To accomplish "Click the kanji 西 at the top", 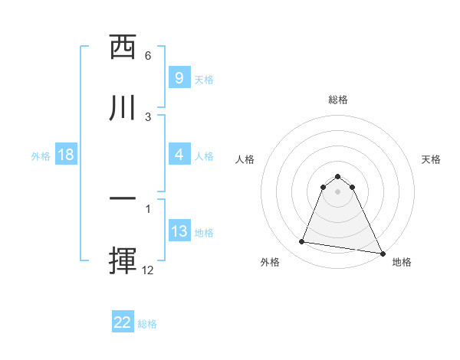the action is [x=123, y=47].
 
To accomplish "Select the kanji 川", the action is [x=123, y=106].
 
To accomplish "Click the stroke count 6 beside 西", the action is [x=148, y=56].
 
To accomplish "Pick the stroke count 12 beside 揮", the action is [x=148, y=270].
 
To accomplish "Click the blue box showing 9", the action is [x=179, y=78].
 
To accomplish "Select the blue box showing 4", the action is [x=179, y=155].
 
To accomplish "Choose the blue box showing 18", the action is [x=66, y=155].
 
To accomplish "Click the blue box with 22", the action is [x=123, y=322].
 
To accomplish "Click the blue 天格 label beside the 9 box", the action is [x=204, y=79].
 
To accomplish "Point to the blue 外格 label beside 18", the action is [x=41, y=156].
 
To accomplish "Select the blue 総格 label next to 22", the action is [x=147, y=324].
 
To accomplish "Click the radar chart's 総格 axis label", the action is [x=337, y=100].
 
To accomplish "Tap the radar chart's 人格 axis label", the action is [x=245, y=159].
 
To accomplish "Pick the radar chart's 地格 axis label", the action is [x=402, y=262].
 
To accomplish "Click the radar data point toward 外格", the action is [x=301, y=242].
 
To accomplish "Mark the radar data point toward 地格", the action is [x=383, y=252].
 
